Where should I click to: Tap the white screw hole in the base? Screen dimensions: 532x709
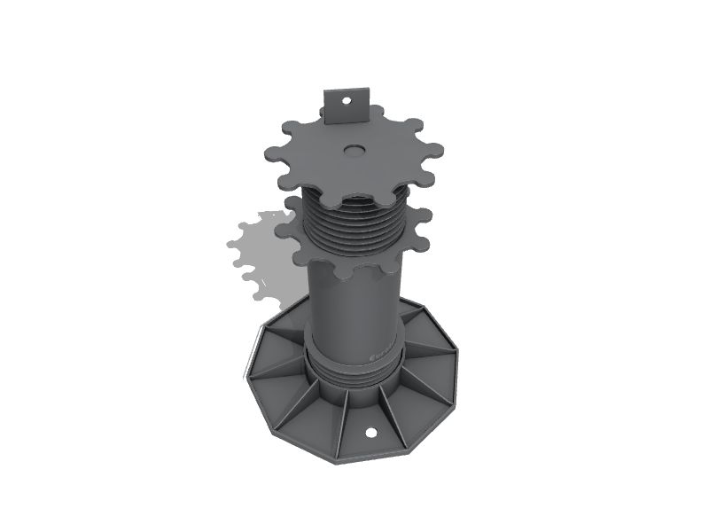(371, 434)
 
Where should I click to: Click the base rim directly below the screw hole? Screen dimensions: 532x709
(373, 453)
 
